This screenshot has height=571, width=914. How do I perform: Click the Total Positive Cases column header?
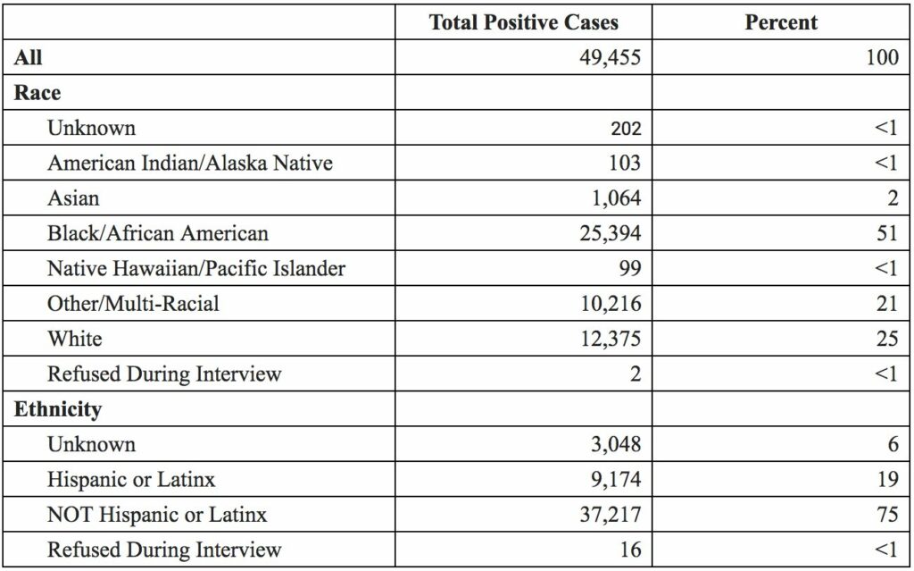(x=523, y=22)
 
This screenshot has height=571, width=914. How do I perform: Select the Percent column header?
(x=781, y=22)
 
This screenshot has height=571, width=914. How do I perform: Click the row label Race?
(x=37, y=92)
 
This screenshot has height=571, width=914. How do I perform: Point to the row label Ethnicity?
(x=57, y=409)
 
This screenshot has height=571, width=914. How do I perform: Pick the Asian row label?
(x=73, y=197)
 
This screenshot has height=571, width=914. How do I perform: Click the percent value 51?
(x=886, y=233)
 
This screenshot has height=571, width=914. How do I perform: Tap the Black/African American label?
(x=157, y=233)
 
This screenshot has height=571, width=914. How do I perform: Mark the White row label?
(x=74, y=339)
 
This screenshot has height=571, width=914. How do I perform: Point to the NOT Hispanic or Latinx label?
(x=157, y=515)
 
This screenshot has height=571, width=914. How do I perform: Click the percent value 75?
(x=886, y=515)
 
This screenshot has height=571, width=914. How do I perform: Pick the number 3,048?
(x=611, y=444)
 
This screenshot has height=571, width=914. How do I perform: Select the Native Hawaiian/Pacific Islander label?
(x=195, y=268)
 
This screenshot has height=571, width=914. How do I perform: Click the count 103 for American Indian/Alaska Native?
(x=624, y=163)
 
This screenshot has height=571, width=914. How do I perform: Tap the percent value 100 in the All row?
(x=882, y=58)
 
